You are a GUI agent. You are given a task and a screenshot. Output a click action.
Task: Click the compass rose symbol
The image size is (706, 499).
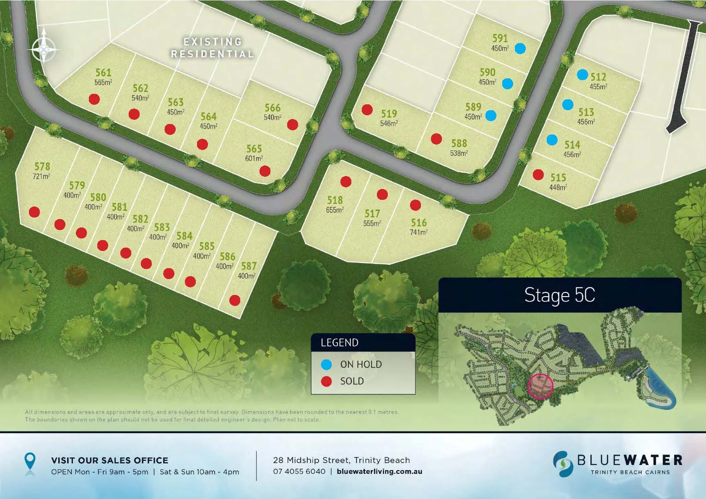coord(44,48)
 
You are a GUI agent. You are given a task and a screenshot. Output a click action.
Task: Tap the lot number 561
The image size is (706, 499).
coord(103,73)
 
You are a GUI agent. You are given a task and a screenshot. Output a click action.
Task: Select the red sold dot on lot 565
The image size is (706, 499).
coord(265,171)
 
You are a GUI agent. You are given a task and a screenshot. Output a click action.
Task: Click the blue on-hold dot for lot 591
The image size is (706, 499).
coord(520,49)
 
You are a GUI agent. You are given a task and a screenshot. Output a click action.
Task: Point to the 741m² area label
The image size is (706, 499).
coord(418,232)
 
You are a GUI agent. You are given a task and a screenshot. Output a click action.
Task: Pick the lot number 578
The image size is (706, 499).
coord(42,166)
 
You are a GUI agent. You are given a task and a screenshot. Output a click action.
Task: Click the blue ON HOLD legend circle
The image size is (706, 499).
coord(326,365)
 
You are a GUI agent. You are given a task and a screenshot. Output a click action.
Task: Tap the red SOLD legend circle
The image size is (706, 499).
coord(326,381)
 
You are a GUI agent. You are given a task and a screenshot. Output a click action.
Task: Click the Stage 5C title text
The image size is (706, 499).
coord(559,295)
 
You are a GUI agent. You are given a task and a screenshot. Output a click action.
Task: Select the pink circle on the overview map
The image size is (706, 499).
coord(540,386)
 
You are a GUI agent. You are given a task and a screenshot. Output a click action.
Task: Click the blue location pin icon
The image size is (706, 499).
coord(30,462)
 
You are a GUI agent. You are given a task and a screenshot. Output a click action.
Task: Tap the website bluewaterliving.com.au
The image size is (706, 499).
coord(379,472)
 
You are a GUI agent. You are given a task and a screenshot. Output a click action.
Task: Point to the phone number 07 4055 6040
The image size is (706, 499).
coord(299,472)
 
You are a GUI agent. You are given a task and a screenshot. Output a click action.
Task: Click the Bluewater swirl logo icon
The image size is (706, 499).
coord(563,464)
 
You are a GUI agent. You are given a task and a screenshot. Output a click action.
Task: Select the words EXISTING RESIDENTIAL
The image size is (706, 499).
coord(213,48)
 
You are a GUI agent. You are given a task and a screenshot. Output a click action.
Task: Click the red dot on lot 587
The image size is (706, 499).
coord(235,300)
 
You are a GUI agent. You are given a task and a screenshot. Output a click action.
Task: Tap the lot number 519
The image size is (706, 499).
coord(389,114)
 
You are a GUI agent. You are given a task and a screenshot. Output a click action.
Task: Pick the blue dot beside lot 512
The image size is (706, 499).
coord(583,74)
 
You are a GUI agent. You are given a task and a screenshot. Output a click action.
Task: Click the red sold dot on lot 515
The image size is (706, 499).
coord(538,175)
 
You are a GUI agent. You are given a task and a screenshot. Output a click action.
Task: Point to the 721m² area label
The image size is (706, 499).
coord(41,176)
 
